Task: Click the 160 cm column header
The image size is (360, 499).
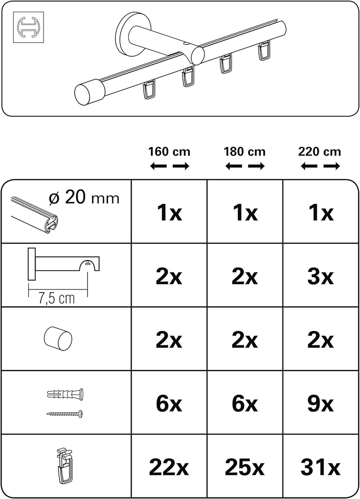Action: [169, 152]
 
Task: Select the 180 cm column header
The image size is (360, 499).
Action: [245, 152]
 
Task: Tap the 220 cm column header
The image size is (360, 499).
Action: [320, 152]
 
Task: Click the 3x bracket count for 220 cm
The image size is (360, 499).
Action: [321, 277]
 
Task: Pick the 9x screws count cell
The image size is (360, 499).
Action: [321, 404]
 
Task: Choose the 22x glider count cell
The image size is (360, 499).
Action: [169, 467]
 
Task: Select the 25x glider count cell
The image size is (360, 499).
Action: [245, 467]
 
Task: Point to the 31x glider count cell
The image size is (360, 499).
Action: [321, 467]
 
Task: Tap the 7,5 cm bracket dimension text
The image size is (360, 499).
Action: [57, 299]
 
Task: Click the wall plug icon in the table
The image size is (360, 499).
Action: [65, 395]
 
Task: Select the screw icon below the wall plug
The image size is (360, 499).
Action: [65, 414]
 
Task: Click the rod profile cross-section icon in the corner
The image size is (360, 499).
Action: [28, 27]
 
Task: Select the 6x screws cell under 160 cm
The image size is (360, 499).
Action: [169, 404]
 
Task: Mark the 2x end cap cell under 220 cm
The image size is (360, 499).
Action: [321, 341]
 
